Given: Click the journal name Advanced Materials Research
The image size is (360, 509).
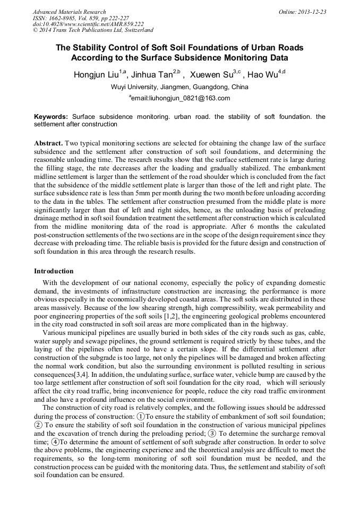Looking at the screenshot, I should point(69,12).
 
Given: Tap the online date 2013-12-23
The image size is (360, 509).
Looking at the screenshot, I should point(312,12).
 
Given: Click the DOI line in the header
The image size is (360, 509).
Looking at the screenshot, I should point(88,24).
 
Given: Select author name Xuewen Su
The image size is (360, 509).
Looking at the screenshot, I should point(211,75).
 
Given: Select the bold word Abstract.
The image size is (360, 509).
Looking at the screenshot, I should point(48,144).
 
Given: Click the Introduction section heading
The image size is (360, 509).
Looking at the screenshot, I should point(54,271).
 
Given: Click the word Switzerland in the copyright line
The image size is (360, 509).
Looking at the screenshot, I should point(135,31).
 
